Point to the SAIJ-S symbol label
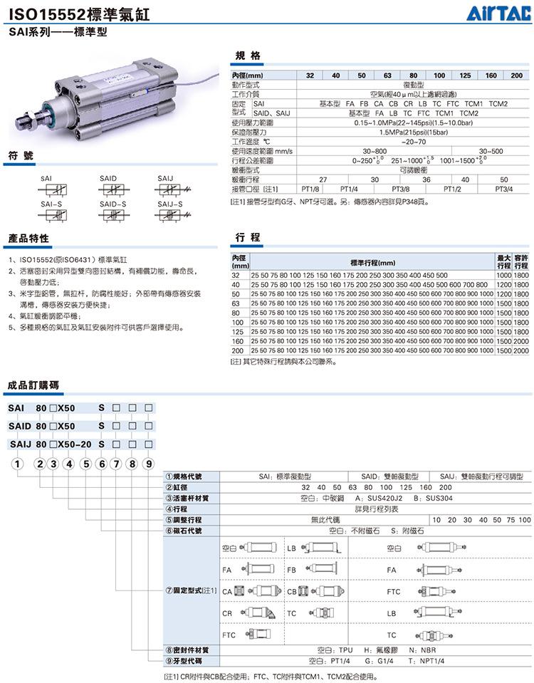pyautogui.click(x=169, y=204)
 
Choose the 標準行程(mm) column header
pyautogui.click(x=372, y=262)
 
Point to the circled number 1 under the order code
pyautogui.click(x=16, y=464)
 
